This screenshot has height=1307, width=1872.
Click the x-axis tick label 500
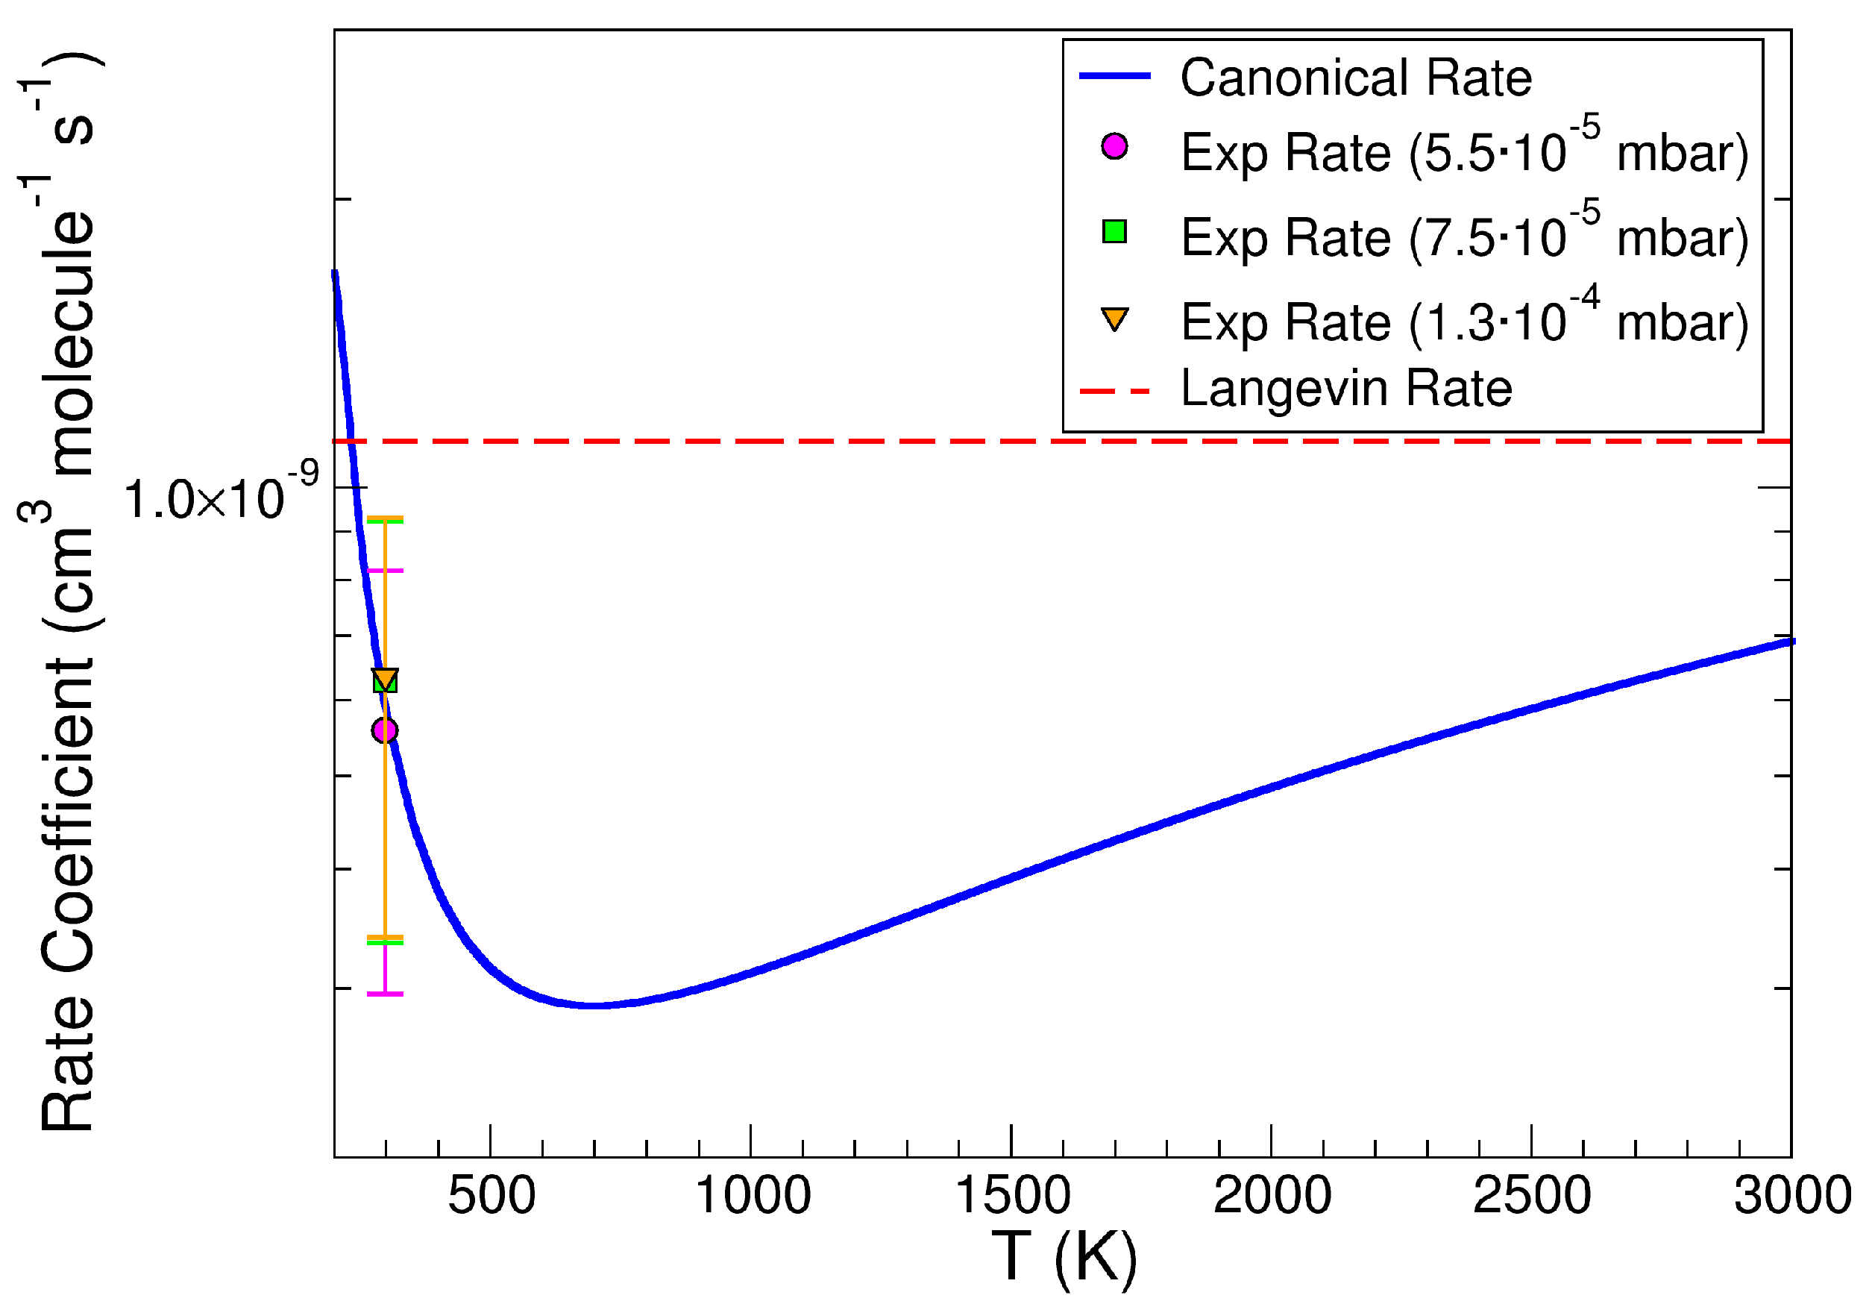(x=491, y=1197)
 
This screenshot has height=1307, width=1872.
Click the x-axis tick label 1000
(x=753, y=1197)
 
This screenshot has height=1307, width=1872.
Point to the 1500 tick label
(x=1013, y=1197)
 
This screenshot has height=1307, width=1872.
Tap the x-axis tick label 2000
(x=1272, y=1197)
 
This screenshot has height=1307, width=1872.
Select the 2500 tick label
(x=1533, y=1197)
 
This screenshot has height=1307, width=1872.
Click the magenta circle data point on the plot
(x=385, y=730)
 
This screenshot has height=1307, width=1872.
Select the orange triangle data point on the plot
(x=386, y=678)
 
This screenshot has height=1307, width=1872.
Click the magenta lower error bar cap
(x=386, y=994)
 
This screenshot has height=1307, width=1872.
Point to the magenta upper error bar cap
(x=386, y=571)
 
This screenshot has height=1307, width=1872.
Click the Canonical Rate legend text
(x=1356, y=78)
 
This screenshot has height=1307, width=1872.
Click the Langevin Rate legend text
(x=1346, y=388)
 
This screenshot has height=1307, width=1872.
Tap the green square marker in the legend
(x=1114, y=232)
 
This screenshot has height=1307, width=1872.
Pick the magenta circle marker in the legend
(x=1114, y=147)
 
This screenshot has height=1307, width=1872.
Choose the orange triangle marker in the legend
(x=1114, y=318)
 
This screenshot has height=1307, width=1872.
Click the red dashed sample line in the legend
(x=1114, y=392)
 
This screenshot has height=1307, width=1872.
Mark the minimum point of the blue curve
(x=595, y=1006)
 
